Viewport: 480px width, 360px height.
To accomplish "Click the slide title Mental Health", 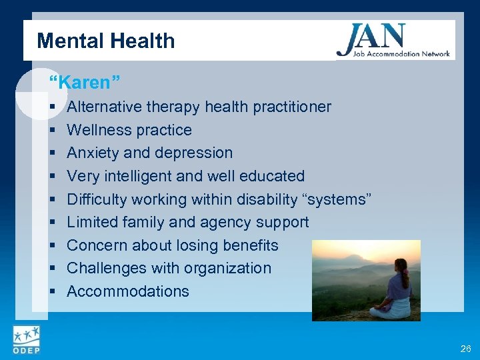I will (106, 41).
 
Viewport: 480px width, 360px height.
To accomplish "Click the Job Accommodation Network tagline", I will (393, 54).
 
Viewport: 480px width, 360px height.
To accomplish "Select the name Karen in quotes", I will (85, 83).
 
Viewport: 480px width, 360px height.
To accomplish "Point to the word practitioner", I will (293, 107).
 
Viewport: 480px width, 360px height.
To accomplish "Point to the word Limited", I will (93, 222).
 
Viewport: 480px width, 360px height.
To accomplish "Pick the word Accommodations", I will (128, 291).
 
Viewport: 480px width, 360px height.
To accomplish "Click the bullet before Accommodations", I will (52, 292).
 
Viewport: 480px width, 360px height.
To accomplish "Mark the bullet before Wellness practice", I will (52, 131).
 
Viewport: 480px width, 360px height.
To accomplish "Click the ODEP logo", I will (25, 340).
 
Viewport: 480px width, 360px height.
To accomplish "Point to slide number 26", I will (465, 349).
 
